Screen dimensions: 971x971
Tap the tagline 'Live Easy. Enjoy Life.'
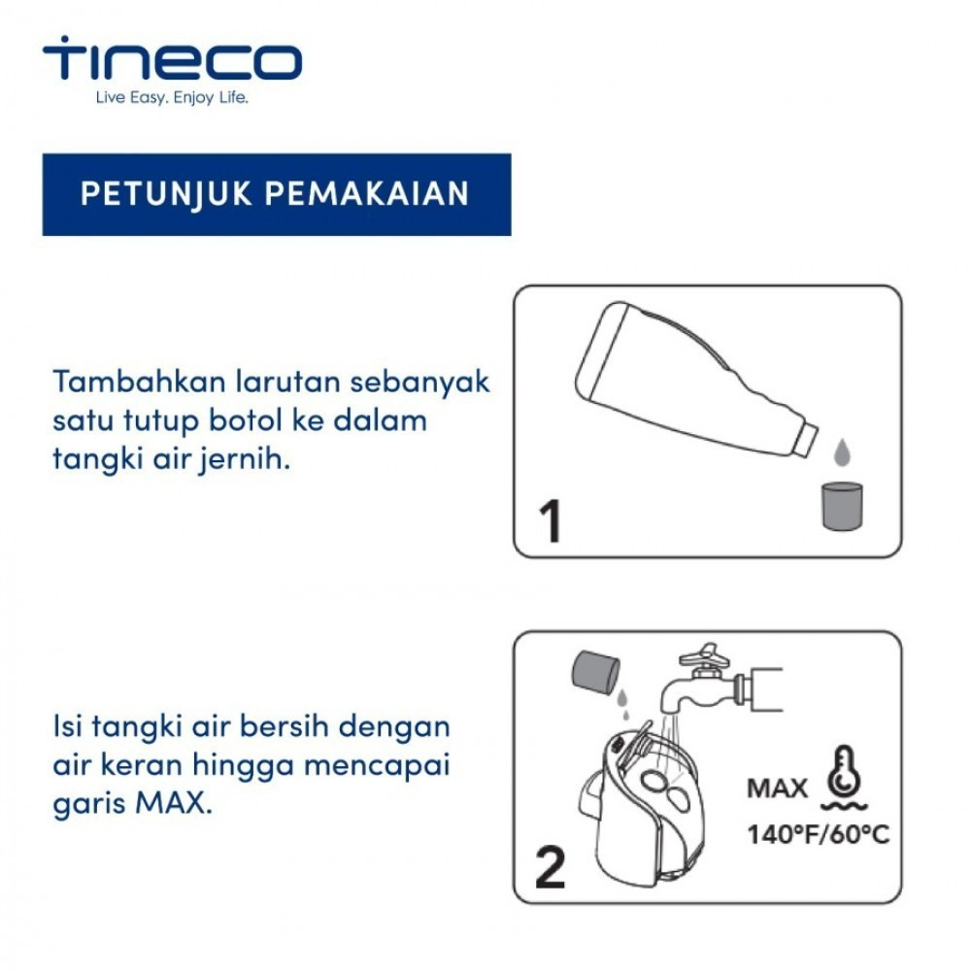tap(172, 98)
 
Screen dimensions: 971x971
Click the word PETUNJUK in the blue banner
tap(167, 194)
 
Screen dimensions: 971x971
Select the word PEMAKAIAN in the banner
tap(367, 194)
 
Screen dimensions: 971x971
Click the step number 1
tap(551, 520)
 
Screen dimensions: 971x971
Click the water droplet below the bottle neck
tap(842, 452)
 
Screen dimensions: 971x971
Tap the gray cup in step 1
tap(842, 506)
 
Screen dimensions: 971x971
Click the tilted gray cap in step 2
tap(595, 671)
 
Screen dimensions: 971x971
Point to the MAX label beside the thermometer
tap(777, 788)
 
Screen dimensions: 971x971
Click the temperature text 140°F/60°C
tap(818, 834)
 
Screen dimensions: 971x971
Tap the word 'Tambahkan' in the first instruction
tap(139, 382)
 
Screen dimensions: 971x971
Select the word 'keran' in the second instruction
tap(141, 764)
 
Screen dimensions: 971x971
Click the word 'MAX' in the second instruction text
tap(173, 803)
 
